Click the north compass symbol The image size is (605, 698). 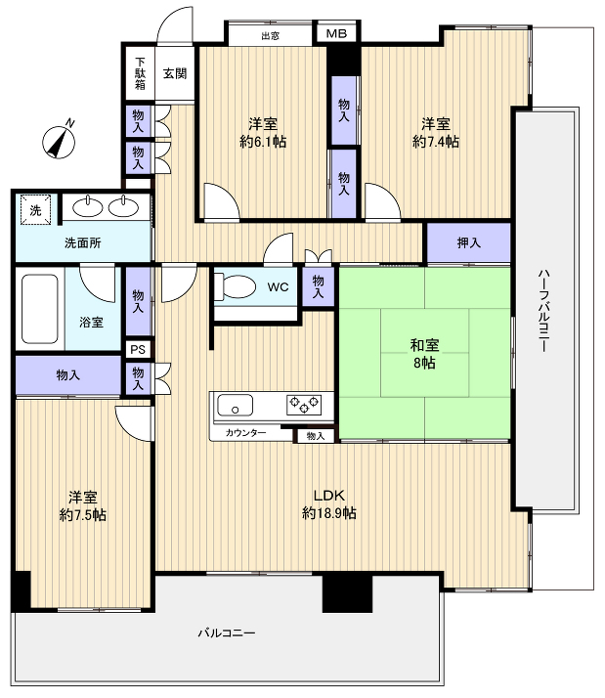point(59,141)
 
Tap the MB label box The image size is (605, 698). point(336,33)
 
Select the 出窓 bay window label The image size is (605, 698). point(270,35)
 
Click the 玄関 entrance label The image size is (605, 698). point(175,73)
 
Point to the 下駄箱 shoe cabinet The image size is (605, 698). point(140,73)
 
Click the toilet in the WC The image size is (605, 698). point(235,286)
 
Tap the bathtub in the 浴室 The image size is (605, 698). point(40,309)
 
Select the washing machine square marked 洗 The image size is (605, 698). point(35,209)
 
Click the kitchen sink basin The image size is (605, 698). point(235,405)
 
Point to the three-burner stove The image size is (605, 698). point(304,405)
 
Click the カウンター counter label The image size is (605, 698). point(245,433)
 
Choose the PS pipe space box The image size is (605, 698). point(138,349)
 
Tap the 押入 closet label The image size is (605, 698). point(469,242)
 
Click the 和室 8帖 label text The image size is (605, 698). point(424,354)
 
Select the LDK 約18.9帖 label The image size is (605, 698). point(329,503)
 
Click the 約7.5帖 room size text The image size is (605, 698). point(83,515)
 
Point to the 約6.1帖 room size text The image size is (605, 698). point(263,142)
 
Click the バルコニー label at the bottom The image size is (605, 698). point(227,633)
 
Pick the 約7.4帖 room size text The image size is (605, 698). point(436,142)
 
